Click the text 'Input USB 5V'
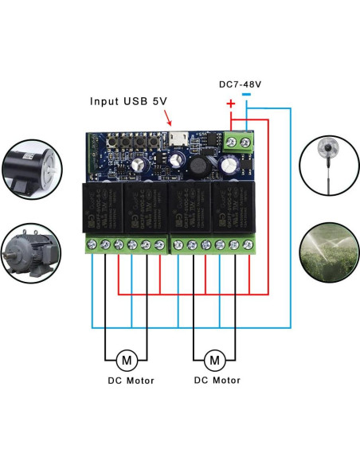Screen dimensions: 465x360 pos(127,101)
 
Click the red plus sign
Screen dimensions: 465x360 pos(231,104)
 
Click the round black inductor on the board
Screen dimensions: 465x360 pos(197,165)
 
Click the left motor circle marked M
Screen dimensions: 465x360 pos(125,359)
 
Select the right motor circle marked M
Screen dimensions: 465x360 pos(215,359)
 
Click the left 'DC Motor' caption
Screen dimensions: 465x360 pos(131,381)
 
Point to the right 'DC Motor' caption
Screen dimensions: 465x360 pos(217,381)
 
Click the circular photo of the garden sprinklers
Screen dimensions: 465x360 pos(328,255)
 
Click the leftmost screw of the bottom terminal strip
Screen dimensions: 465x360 pos(94,244)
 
